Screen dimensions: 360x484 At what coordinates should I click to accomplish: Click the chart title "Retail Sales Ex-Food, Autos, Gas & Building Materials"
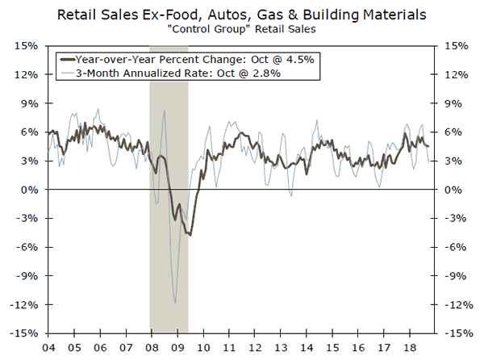point(241,14)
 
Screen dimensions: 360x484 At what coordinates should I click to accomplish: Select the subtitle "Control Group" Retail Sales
point(241,30)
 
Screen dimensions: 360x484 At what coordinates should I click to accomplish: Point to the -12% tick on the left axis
point(24,304)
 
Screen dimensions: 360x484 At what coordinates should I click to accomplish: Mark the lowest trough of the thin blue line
point(175,303)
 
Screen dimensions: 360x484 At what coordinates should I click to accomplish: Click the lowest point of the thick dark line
point(190,235)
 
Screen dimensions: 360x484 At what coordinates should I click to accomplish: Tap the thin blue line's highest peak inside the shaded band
point(164,111)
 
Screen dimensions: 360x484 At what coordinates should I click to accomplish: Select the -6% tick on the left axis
point(26,247)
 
